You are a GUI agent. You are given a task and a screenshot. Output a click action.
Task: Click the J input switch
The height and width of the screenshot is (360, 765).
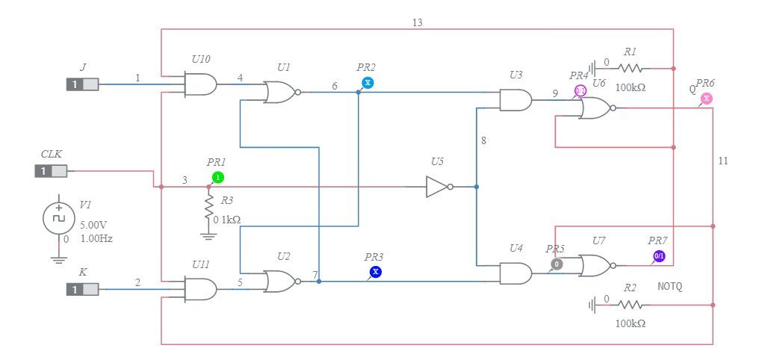[82, 84]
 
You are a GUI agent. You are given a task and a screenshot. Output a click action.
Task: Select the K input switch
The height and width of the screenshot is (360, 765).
[82, 288]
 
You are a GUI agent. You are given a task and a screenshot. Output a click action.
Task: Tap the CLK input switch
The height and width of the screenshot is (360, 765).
[51, 171]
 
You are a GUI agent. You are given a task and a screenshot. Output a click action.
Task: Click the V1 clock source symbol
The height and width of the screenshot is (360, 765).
[59, 218]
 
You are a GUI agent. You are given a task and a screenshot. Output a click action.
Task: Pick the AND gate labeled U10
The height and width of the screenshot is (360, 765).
[201, 84]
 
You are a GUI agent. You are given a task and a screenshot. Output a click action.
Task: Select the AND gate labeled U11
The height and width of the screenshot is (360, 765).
[201, 288]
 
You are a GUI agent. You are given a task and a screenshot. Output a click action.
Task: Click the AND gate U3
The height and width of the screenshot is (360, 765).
[516, 100]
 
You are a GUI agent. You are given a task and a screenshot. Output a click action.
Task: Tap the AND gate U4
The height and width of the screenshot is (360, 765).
[516, 273]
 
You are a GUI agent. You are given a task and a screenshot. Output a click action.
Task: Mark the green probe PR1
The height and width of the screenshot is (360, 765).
[217, 177]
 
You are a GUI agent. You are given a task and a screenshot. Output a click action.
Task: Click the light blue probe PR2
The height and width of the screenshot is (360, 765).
[368, 82]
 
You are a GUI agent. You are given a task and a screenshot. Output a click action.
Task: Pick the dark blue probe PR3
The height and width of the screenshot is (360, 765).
[376, 272]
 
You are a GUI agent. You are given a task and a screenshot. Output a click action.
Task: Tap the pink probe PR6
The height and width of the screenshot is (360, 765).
[707, 98]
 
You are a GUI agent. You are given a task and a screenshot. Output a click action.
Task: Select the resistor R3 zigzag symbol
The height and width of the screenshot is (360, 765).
[209, 205]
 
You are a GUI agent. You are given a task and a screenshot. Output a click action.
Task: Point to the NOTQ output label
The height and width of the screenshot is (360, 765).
[670, 286]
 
